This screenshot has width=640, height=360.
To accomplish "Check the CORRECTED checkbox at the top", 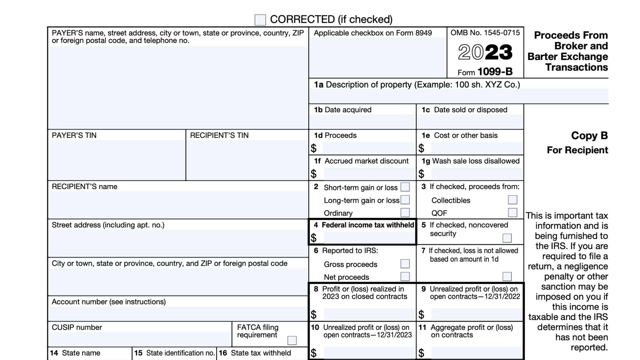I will (x=260, y=20).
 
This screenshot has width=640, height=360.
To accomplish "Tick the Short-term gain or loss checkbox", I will (x=405, y=187).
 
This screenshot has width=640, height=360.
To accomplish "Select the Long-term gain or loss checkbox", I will (x=405, y=200).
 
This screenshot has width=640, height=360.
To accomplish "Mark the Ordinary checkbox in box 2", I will (x=405, y=212).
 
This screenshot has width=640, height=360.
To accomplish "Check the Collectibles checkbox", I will (x=512, y=200).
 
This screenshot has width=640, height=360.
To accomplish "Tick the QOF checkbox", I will (x=512, y=212).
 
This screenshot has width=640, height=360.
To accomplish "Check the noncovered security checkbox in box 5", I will (x=507, y=238).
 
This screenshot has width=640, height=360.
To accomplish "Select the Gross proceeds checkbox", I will (x=405, y=264).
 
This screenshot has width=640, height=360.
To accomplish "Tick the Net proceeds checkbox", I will (x=405, y=277).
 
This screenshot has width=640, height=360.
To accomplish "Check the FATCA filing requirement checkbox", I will (x=292, y=340).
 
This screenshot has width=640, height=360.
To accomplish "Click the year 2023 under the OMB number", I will (x=485, y=52).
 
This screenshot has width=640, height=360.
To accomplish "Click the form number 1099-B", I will (x=495, y=72).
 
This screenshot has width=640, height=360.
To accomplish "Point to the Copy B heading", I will (x=589, y=136).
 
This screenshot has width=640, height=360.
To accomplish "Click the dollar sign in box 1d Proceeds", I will (x=313, y=148).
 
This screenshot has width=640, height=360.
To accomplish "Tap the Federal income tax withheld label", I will (x=367, y=225).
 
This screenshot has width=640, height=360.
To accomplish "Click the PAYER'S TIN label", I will (x=74, y=135).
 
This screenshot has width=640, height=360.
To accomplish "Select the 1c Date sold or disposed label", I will (x=464, y=110).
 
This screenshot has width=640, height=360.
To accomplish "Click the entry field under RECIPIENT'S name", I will (x=178, y=205).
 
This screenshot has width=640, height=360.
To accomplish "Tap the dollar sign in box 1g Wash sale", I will (x=421, y=174).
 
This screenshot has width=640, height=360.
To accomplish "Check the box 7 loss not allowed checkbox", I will (x=507, y=276).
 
